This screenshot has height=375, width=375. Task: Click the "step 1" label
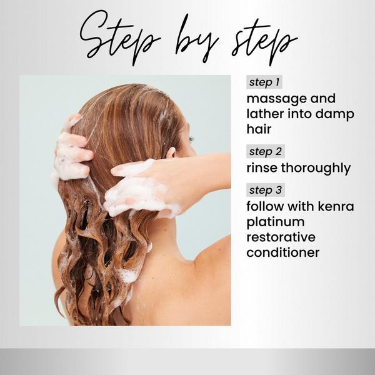261,82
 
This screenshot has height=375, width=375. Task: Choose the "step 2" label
261,152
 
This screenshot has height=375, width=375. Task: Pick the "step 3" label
261,190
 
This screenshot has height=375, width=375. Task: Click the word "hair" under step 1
259,130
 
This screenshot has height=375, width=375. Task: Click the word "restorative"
281,237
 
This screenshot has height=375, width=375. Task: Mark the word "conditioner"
282,252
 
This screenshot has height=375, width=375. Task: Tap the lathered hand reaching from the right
134,187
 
